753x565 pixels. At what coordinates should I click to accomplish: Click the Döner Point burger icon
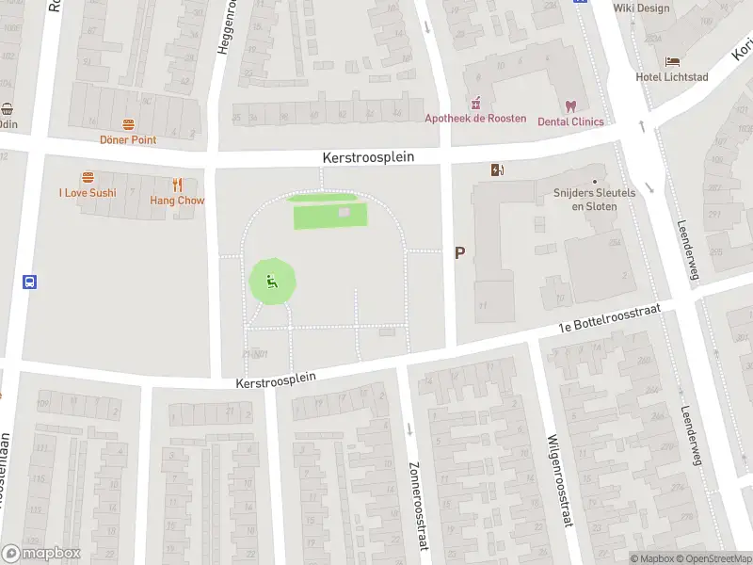128,124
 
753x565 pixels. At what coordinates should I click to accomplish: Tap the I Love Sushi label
88,193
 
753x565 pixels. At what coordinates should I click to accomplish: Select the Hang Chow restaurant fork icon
177,185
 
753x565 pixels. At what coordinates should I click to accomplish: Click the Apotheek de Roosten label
475,118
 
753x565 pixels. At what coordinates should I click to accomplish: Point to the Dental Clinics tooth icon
569,106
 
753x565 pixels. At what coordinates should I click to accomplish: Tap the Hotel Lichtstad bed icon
672,61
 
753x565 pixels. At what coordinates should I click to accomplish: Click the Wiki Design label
641,8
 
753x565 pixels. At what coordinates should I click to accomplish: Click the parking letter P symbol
459,252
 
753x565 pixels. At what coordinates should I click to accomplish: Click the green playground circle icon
272,281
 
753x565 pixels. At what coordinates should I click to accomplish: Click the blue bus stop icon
29,281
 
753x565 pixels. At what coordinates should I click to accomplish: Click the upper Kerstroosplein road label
368,158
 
